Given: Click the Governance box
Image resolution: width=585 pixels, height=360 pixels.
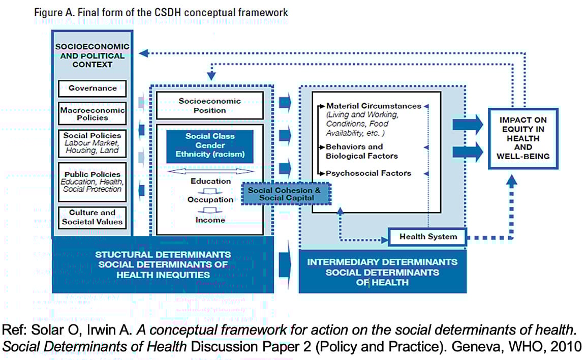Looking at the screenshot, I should click(x=93, y=88).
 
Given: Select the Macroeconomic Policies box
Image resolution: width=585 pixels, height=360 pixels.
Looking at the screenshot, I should click(x=93, y=113).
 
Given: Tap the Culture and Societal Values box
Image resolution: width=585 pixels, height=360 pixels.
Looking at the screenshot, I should click(x=93, y=217).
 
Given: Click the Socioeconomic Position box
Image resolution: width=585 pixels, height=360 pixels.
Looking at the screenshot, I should click(x=209, y=105).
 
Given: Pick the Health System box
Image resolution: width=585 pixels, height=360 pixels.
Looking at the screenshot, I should click(x=427, y=236).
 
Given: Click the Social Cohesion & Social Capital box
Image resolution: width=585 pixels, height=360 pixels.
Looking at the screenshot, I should click(x=284, y=194).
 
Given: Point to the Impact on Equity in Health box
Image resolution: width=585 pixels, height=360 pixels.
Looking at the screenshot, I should click(x=523, y=138).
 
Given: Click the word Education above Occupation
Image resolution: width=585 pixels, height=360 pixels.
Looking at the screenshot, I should click(x=210, y=181).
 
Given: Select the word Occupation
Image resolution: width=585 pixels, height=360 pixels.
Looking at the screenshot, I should click(x=210, y=200).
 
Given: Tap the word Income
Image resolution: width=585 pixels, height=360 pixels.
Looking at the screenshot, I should click(x=210, y=220).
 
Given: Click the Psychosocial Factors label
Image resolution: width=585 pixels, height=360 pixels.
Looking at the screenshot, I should click(x=368, y=173).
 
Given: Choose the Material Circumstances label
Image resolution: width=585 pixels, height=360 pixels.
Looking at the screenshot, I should click(x=373, y=106).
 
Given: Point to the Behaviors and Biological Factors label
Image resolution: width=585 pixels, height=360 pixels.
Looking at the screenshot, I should click(x=361, y=151).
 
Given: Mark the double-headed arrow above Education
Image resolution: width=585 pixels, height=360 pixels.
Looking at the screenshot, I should click(x=210, y=171).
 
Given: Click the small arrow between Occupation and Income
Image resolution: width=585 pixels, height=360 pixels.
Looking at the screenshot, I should click(x=210, y=210).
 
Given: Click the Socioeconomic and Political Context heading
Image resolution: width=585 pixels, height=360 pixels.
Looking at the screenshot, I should click(x=93, y=55).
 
